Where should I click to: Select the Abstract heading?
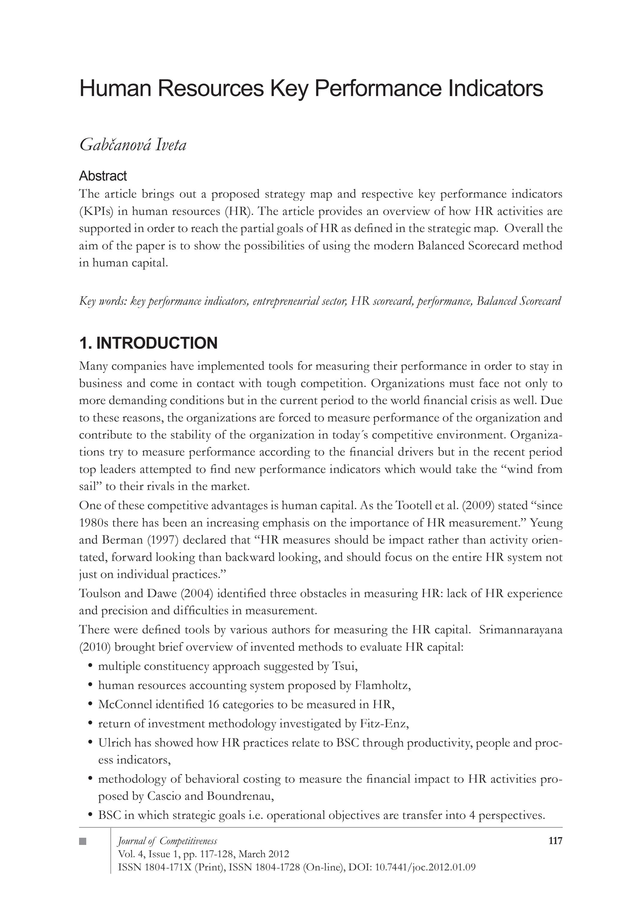click(103, 176)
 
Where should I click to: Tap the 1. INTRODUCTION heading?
click(148, 343)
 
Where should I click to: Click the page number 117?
click(555, 841)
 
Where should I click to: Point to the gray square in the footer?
click(82, 841)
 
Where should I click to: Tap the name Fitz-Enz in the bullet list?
click(383, 724)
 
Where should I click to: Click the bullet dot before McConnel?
click(90, 704)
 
